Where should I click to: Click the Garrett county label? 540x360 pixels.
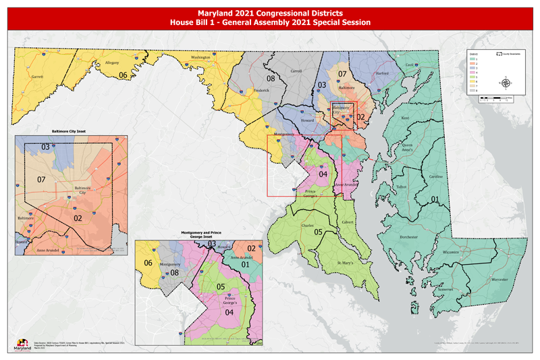coord(38,77)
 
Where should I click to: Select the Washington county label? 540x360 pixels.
coord(201,58)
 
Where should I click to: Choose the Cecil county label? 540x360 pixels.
coord(408,65)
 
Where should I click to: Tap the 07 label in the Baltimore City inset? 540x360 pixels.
coord(40,180)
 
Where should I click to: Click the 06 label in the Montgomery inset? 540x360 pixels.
coord(148,262)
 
